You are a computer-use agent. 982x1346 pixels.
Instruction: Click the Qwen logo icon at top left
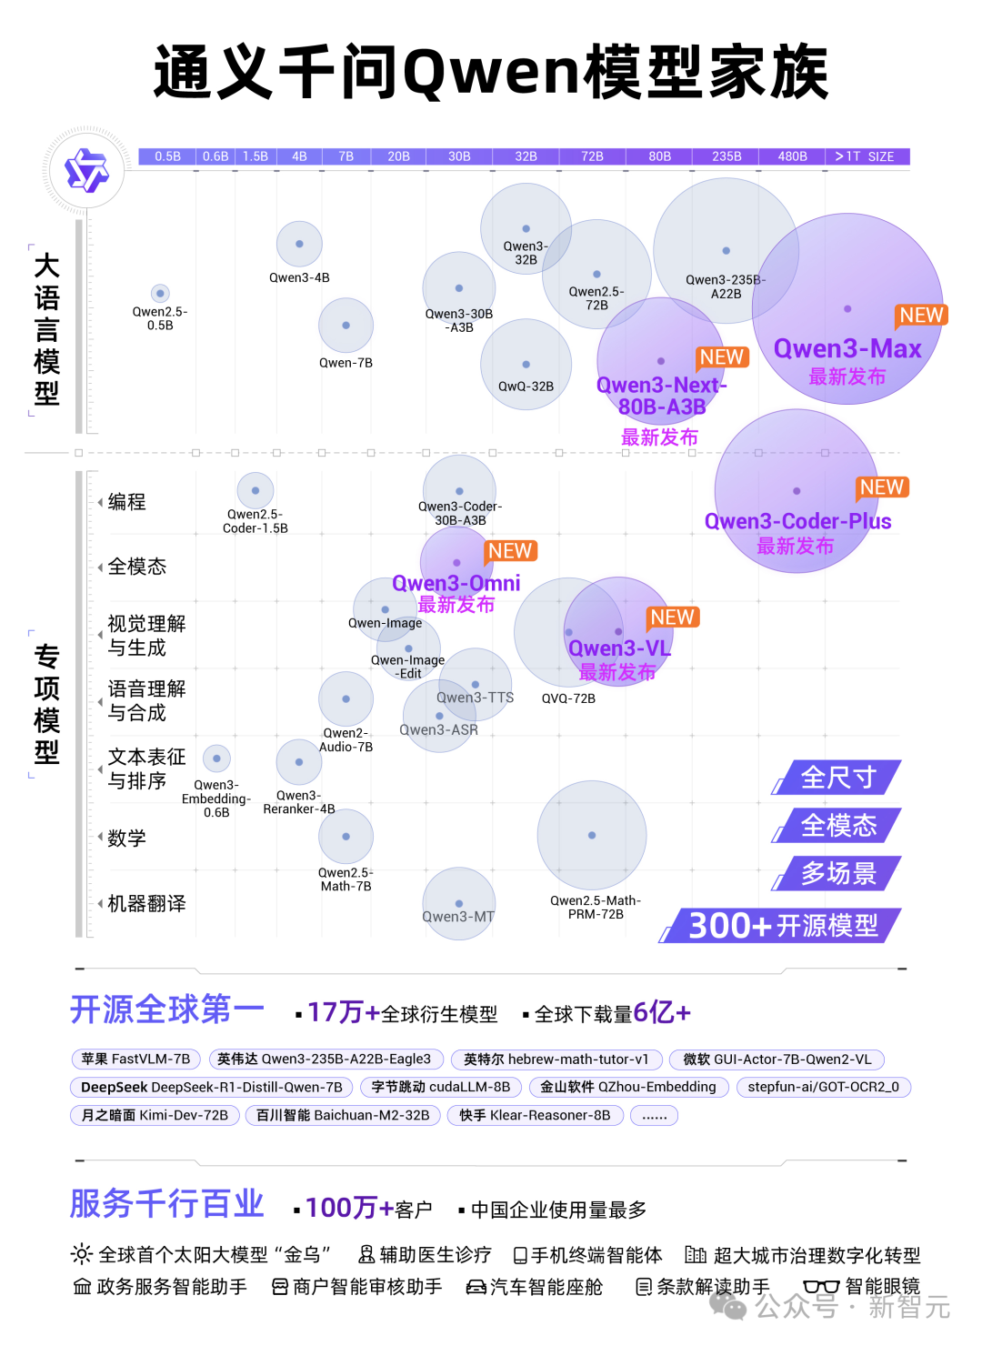click(86, 171)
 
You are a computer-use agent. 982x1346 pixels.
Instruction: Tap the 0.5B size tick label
click(167, 156)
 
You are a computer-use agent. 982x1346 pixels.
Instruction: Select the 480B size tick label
click(792, 156)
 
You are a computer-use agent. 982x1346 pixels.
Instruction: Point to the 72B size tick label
click(592, 156)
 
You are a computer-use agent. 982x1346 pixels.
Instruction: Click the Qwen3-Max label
click(847, 349)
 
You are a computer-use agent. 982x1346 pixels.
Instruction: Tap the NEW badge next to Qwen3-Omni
click(510, 551)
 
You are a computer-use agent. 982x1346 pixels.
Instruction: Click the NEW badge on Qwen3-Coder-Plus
click(882, 487)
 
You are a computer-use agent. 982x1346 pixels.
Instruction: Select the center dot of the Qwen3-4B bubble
click(299, 244)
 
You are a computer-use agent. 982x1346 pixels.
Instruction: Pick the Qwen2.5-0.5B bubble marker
click(160, 293)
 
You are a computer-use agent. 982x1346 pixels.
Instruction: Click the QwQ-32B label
click(526, 387)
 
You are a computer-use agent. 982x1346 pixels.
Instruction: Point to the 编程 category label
click(126, 502)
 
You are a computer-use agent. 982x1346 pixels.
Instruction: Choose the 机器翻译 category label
click(146, 903)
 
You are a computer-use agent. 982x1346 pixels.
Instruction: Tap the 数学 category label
click(126, 838)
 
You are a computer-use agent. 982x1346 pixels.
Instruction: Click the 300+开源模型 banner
click(782, 926)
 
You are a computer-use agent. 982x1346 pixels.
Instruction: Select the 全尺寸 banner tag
click(837, 778)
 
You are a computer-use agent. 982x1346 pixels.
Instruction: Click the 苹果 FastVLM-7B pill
click(135, 1060)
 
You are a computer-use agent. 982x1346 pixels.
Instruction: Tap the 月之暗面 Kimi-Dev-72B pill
click(155, 1115)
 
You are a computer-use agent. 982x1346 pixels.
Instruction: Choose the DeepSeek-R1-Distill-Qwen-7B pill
click(212, 1088)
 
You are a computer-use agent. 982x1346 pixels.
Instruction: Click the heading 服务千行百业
click(166, 1204)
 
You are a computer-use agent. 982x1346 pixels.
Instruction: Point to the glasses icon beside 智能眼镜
click(821, 1287)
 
